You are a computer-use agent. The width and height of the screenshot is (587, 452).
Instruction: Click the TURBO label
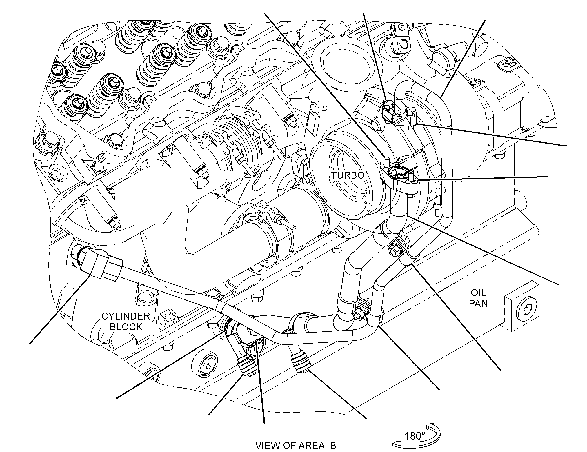point(348,175)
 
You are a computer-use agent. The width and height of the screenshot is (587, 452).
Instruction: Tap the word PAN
point(479,303)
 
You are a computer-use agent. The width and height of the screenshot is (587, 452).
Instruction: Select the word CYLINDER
point(126,316)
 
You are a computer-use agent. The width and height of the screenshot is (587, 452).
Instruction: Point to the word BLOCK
point(126,327)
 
